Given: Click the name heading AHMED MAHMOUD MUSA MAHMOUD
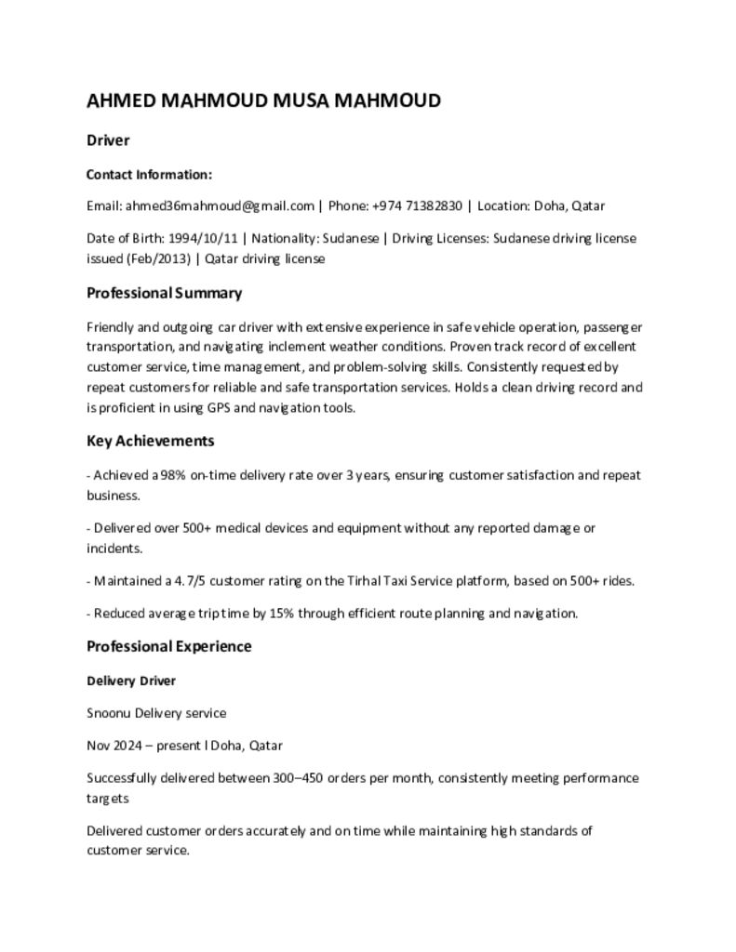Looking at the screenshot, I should (x=263, y=100).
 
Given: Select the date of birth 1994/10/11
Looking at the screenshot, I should (x=202, y=238).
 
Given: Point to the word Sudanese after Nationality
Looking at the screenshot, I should (x=350, y=238).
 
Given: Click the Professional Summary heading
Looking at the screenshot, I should (x=164, y=293).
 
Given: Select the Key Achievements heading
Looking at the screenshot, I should (x=150, y=441).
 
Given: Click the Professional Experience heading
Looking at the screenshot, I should (x=168, y=646).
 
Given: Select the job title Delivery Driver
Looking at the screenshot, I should (x=131, y=681).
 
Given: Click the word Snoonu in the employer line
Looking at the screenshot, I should (x=109, y=713).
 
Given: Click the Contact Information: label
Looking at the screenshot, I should (x=149, y=175).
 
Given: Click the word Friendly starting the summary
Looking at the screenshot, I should (x=109, y=327).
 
